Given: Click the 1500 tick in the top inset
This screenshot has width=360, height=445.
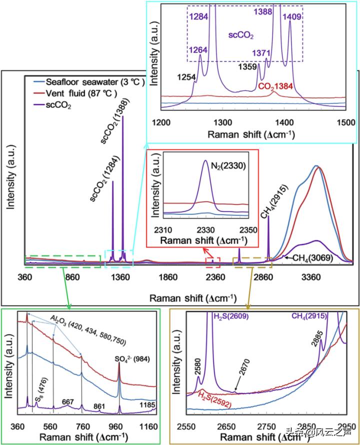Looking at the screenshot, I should point(345,122).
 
